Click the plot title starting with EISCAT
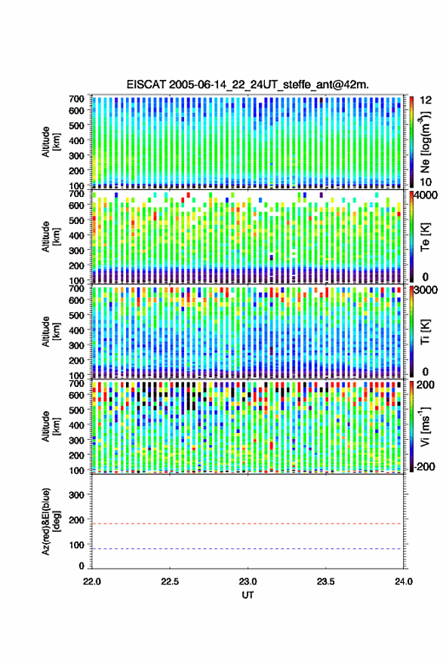click(248, 84)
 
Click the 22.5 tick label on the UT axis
click(170, 582)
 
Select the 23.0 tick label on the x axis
click(248, 582)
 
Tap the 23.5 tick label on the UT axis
click(325, 582)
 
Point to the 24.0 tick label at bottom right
click(403, 582)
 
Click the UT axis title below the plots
click(248, 595)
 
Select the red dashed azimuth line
click(248, 523)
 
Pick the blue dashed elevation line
click(248, 549)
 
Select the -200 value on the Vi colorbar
click(424, 467)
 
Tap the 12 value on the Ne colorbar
click(426, 100)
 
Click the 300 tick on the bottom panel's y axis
click(76, 495)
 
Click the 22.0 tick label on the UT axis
click(92, 582)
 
